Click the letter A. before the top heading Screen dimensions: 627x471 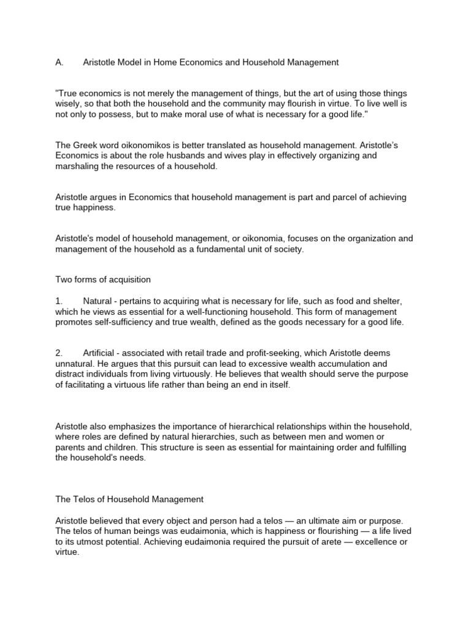pos(59,62)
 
